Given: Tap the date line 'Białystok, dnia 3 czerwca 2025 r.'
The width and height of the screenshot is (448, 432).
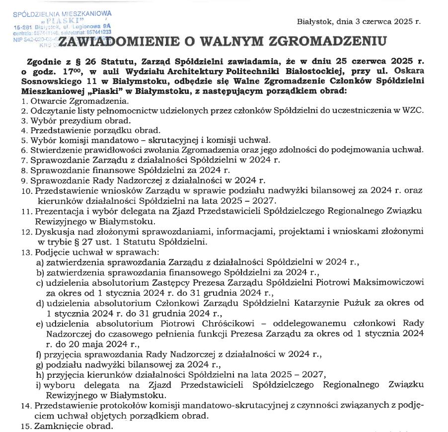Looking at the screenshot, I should point(359,22).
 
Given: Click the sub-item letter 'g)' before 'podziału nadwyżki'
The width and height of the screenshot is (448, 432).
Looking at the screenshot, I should point(39,364).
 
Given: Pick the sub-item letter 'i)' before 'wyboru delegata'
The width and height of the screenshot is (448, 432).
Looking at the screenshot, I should point(39,385).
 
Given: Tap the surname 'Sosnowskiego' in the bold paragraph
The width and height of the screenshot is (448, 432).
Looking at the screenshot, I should point(49,82).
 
